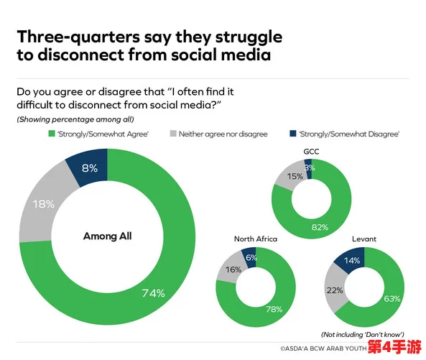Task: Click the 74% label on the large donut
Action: coord(154,293)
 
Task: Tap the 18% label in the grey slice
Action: coord(44,204)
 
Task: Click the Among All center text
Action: coord(107,236)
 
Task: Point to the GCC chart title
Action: coord(311,152)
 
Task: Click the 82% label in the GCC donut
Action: coord(320,227)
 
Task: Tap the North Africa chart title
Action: coord(256,239)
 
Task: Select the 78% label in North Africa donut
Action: coord(274,309)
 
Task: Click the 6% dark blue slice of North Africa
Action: coord(249,257)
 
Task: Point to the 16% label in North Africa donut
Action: coord(233,269)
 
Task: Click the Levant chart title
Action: coord(364,239)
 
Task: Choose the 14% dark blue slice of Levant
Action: coord(351,259)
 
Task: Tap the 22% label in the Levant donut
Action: coord(335,290)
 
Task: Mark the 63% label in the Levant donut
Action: coord(392,299)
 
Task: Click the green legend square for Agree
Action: coord(52,134)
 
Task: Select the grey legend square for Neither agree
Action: coord(173,134)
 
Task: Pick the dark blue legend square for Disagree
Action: coord(293,134)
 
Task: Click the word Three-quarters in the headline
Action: coord(78,37)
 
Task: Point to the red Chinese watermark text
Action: coord(394,346)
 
